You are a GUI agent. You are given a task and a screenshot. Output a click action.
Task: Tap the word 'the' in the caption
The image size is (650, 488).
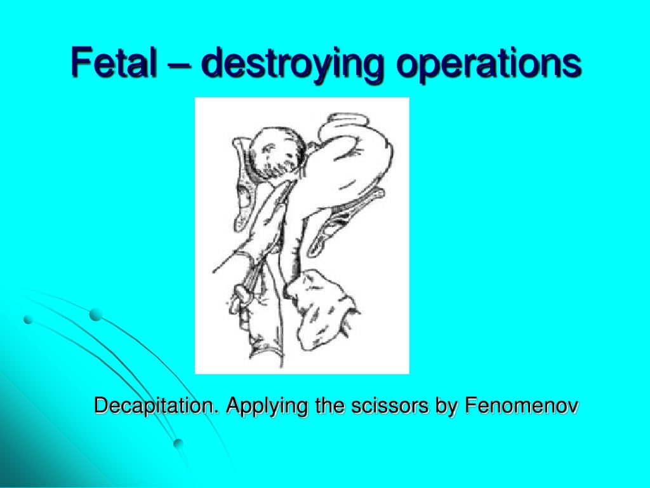(x=315, y=405)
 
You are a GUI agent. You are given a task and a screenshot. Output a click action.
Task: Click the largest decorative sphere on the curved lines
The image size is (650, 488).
(x=96, y=314)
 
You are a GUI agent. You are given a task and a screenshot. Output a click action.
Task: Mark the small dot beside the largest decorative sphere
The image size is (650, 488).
(x=27, y=320)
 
